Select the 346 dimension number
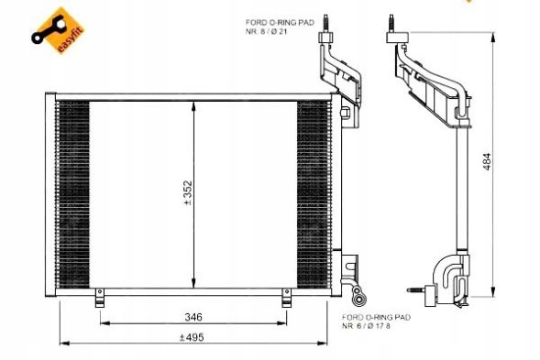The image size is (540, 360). (x=193, y=317)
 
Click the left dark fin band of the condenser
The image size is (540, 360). (x=73, y=192)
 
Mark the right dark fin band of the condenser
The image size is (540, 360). (x=313, y=192)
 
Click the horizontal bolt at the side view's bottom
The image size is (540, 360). (x=427, y=293)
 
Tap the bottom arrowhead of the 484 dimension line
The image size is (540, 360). (x=491, y=291)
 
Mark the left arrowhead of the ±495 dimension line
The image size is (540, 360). (x=62, y=344)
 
